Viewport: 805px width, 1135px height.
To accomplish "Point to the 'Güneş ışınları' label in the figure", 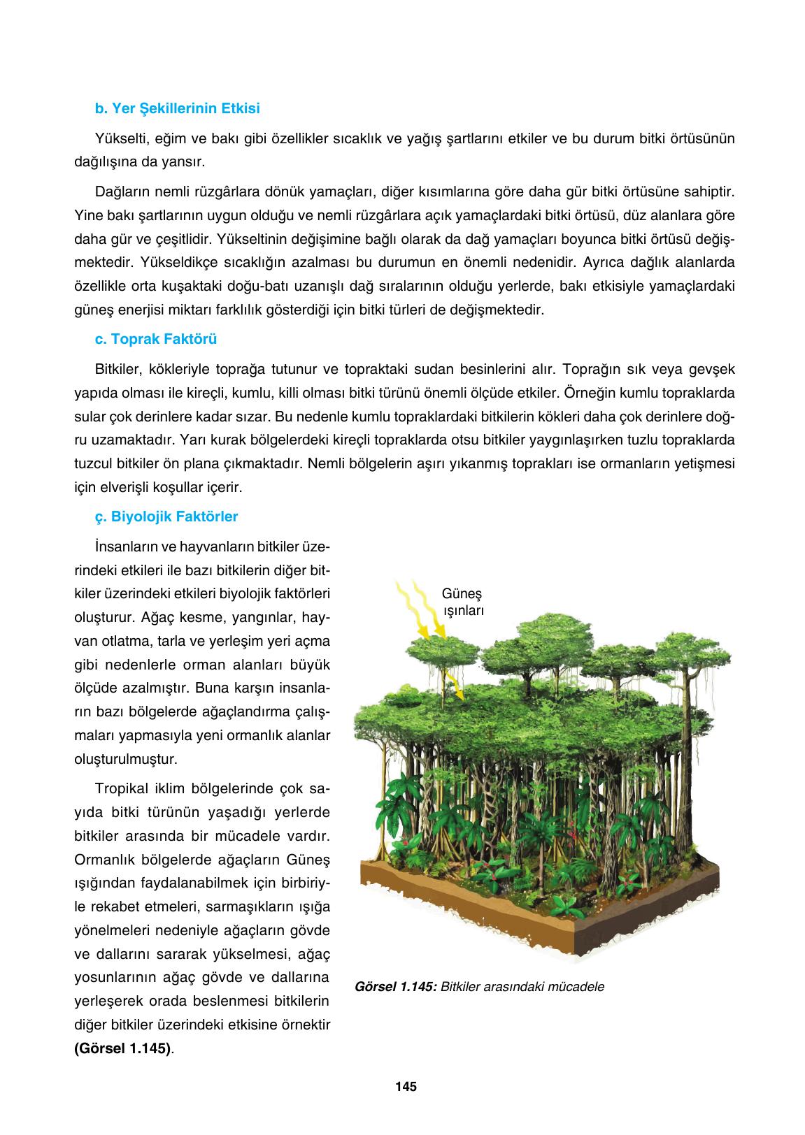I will (462, 601).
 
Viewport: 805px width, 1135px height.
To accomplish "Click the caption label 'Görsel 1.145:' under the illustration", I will (397, 987).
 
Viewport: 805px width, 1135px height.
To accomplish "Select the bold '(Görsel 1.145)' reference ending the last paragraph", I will (122, 1048).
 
